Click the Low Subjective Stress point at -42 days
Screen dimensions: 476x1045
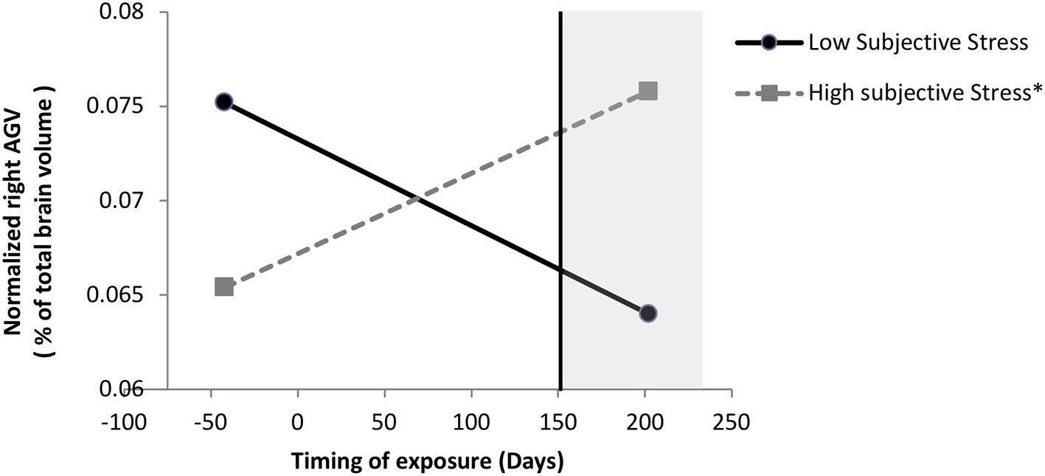coord(224,102)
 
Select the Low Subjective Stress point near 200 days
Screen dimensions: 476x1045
coord(648,313)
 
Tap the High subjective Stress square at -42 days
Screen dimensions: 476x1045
coord(224,286)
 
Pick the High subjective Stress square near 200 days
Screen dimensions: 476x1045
coord(648,91)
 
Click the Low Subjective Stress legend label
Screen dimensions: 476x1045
coord(918,42)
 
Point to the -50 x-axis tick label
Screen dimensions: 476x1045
coord(211,423)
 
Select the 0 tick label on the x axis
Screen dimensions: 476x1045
coord(297,423)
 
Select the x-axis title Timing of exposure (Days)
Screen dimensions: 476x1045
coord(428,462)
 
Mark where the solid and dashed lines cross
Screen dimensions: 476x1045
coord(418,199)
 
